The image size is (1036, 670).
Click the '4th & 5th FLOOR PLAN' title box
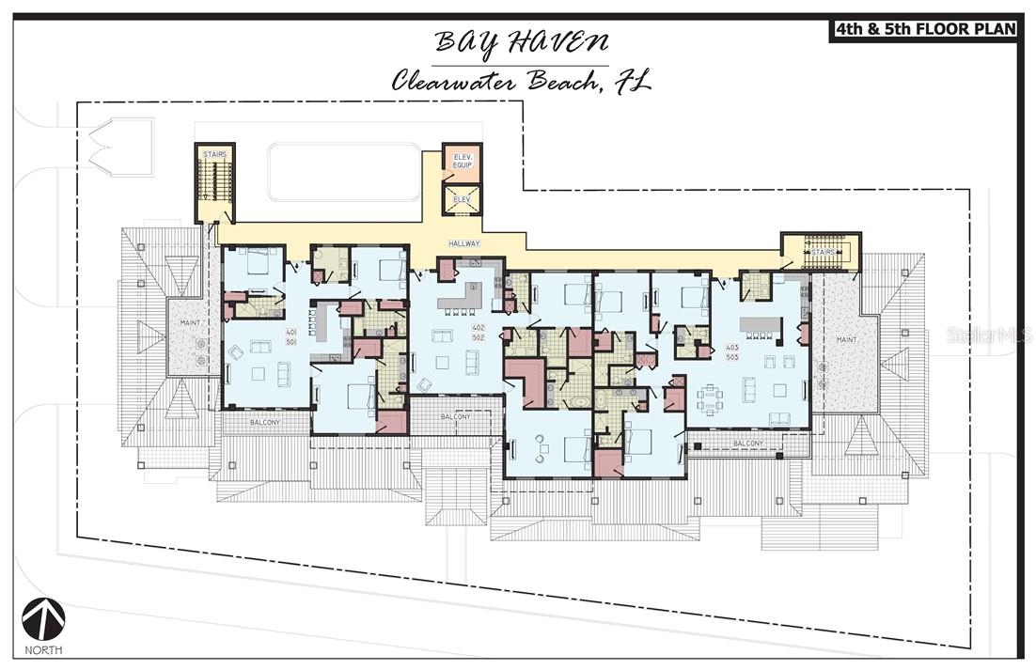pos(923,29)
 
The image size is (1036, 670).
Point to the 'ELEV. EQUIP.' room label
pos(462,161)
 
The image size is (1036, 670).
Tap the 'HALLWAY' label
pos(464,243)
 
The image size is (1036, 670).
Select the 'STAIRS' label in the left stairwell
pos(213,153)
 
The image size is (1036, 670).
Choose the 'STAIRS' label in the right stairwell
pos(823,253)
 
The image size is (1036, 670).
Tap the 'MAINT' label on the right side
pos(846,339)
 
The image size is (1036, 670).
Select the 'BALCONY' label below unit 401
pos(264,423)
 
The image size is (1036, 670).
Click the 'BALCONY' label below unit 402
pos(456,417)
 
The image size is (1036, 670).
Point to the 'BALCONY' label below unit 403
pos(747,443)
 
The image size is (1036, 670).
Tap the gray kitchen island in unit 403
pos(761,326)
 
